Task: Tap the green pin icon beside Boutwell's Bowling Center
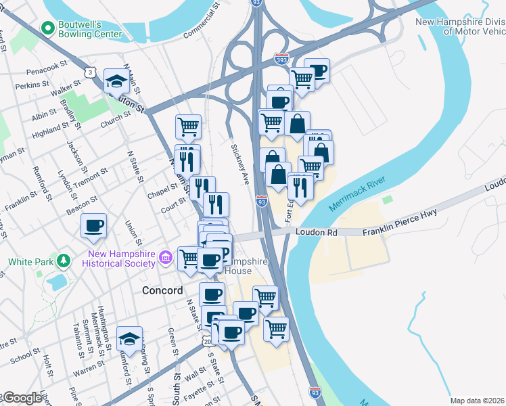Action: tap(47, 28)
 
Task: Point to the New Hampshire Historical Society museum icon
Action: tap(164, 257)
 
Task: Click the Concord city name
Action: tap(162, 290)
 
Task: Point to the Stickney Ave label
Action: tap(241, 162)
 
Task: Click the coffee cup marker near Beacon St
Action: tap(93, 226)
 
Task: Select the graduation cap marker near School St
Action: tap(129, 338)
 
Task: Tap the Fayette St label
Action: tap(201, 389)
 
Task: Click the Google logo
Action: tap(23, 399)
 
